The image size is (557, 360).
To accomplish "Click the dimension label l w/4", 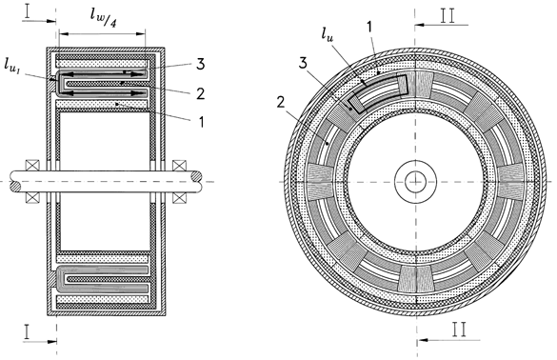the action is pos(104,18).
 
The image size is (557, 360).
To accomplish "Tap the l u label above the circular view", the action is pos(328,33).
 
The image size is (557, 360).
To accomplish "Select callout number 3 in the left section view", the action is pos(200,64).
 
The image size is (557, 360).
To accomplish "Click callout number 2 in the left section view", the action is pos(201,93).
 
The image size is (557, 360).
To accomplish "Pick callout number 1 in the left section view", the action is pos(202,122).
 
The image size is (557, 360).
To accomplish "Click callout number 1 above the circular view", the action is pos(369,27).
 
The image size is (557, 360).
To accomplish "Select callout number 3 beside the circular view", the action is pos(302,63).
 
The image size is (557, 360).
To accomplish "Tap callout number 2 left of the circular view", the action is pos(281,103).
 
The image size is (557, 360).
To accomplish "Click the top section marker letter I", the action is pos(29,11).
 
